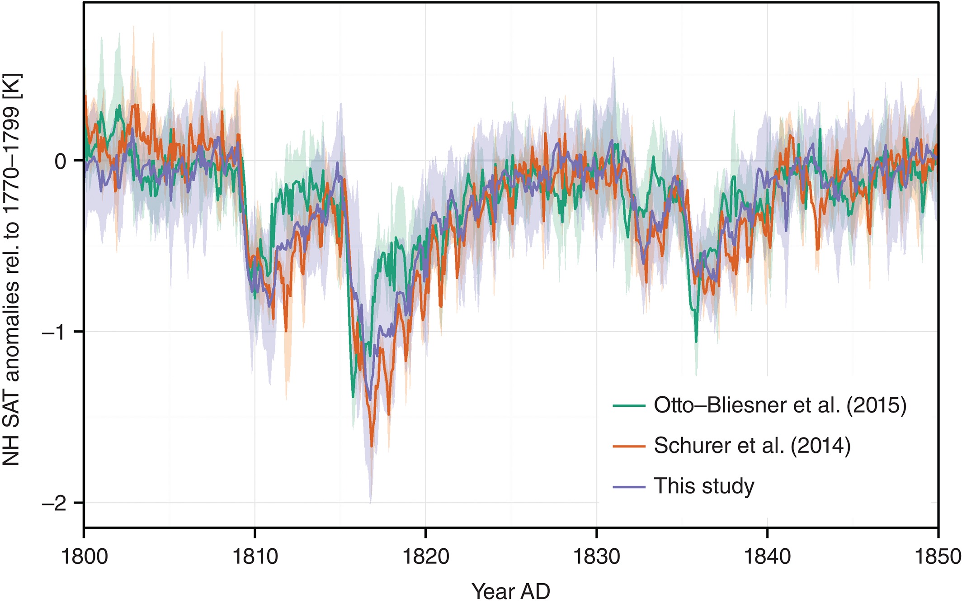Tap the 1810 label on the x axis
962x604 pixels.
tap(255, 556)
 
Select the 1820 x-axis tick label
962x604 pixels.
tap(425, 556)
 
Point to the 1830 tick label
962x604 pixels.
tap(596, 556)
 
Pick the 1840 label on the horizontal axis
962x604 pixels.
tap(767, 556)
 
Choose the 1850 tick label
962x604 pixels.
tap(937, 556)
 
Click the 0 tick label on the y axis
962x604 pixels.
tap(60, 161)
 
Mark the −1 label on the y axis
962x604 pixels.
tap(54, 332)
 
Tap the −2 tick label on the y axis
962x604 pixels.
tap(54, 503)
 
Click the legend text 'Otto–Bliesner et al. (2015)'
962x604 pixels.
tap(780, 405)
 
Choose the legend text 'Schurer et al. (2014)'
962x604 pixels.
tap(752, 446)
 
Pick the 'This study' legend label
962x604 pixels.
tap(704, 486)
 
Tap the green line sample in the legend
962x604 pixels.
tap(629, 406)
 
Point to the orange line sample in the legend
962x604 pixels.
tap(629, 447)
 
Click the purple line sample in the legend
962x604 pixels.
tap(629, 487)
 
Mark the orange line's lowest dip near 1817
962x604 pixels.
tap(372, 446)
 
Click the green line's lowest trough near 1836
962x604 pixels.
tap(696, 342)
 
